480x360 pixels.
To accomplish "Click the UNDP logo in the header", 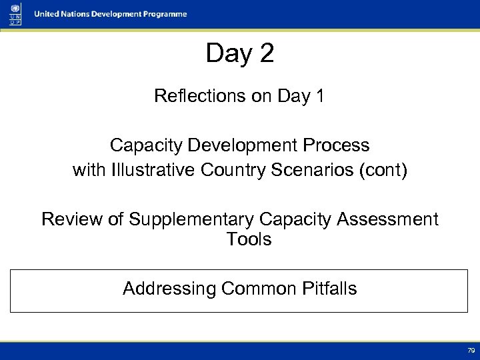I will [x=15, y=14].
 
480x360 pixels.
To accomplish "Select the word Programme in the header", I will [x=164, y=14].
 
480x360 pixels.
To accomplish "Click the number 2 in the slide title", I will [x=267, y=53].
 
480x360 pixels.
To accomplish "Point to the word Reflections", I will [x=200, y=96].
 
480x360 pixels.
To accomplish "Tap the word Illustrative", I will [x=154, y=170].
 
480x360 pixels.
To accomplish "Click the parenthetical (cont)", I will [x=383, y=170].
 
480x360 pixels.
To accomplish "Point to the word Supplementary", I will [x=188, y=219].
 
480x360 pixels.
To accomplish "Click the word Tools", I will [x=249, y=239].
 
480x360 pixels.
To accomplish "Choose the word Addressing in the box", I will [x=169, y=289].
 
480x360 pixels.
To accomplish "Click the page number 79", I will [x=471, y=350].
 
